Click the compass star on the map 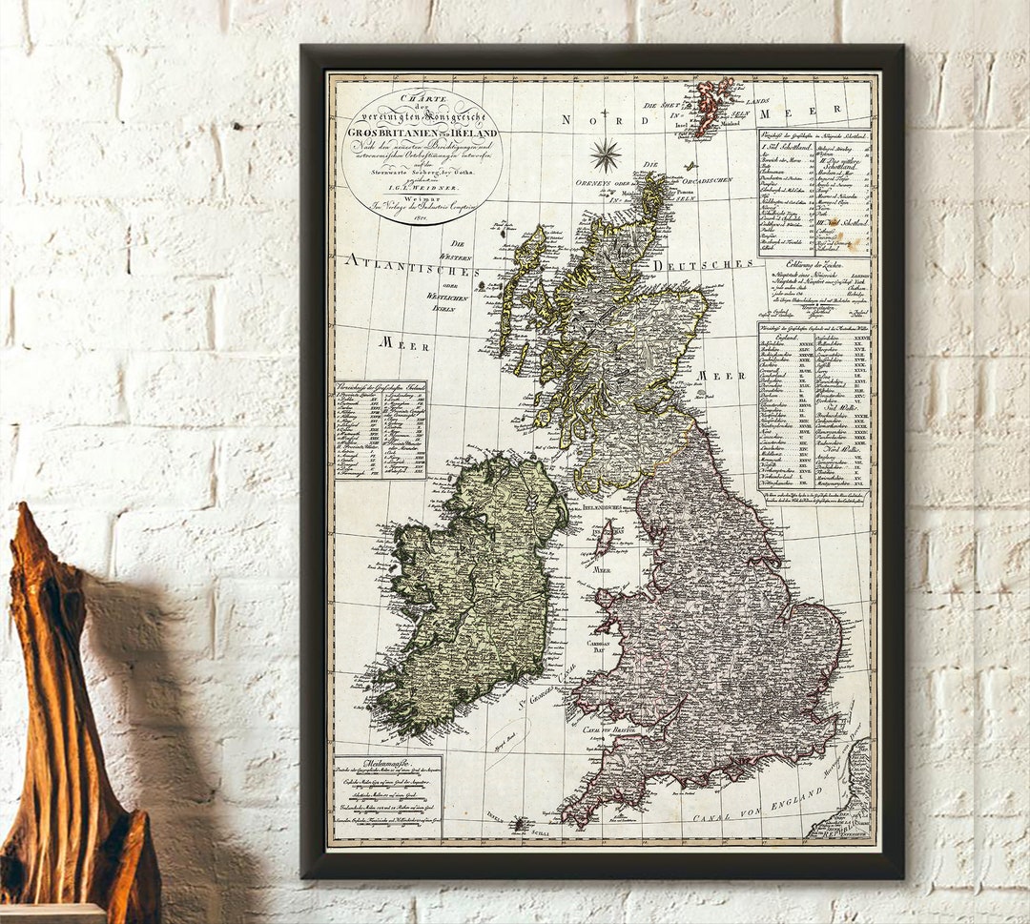pyautogui.click(x=605, y=154)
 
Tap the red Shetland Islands pyautogui.click(x=712, y=103)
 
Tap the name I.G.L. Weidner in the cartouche pyautogui.click(x=422, y=191)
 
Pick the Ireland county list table pyautogui.click(x=381, y=430)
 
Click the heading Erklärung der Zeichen pyautogui.click(x=814, y=263)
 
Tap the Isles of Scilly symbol pyautogui.click(x=519, y=822)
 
